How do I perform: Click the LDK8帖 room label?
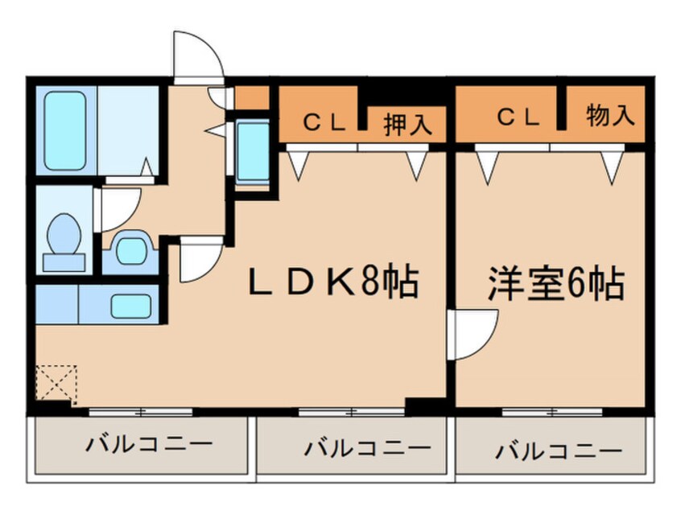click(x=332, y=282)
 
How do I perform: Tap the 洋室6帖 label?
click(x=555, y=282)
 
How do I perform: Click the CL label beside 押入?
click(x=324, y=123)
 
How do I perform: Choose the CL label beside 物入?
click(x=518, y=117)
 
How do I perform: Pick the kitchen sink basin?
click(x=130, y=306)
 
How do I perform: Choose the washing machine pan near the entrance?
click(x=253, y=152)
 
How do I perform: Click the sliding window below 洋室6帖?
click(x=553, y=412)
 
